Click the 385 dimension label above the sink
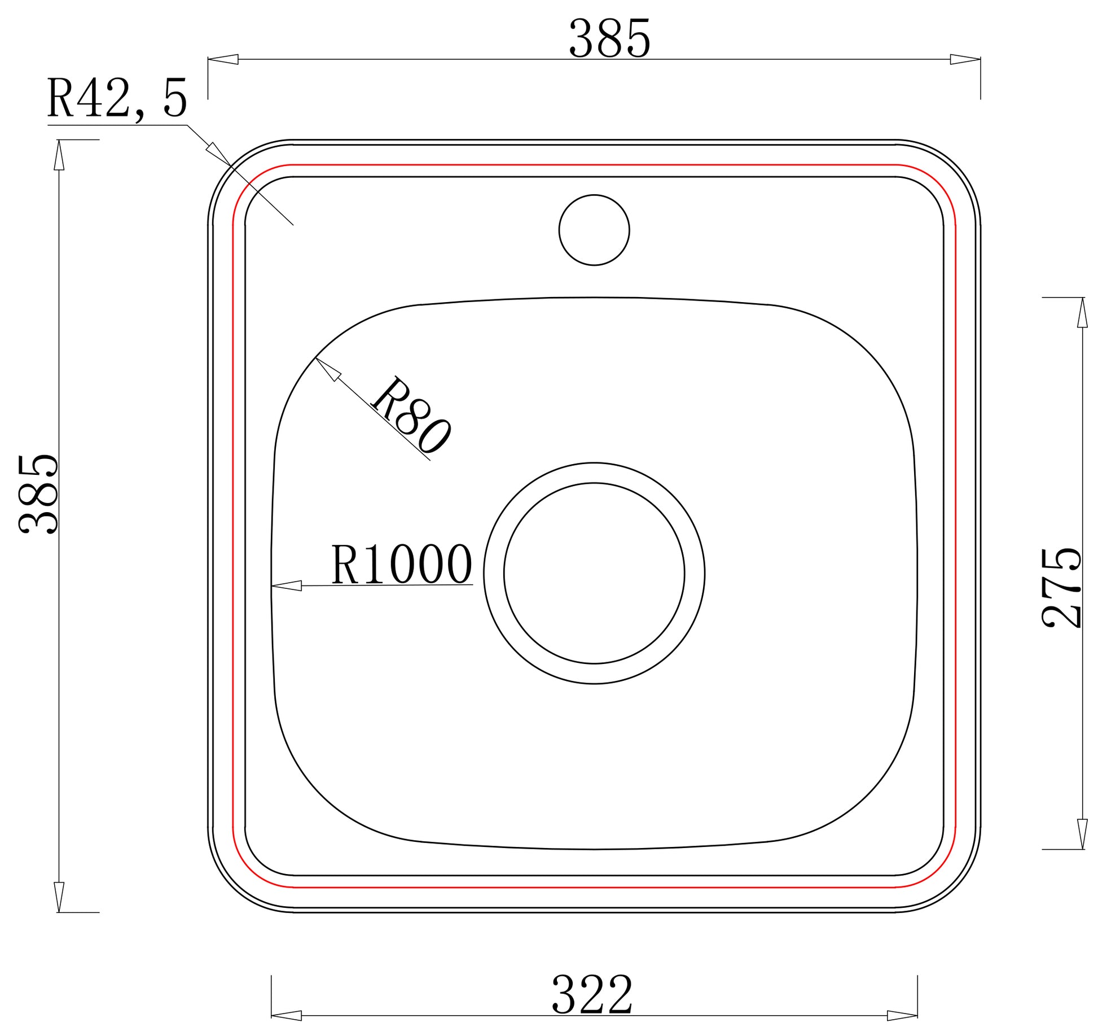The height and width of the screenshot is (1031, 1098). [609, 38]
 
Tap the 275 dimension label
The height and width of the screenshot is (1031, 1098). [1061, 587]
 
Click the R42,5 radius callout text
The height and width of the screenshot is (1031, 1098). [117, 98]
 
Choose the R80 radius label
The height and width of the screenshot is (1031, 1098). [411, 415]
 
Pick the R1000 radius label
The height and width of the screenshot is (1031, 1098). [401, 563]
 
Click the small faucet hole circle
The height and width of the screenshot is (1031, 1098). [594, 230]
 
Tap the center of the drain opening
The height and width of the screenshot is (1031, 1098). [594, 573]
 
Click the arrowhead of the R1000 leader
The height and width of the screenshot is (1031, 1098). [286, 586]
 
